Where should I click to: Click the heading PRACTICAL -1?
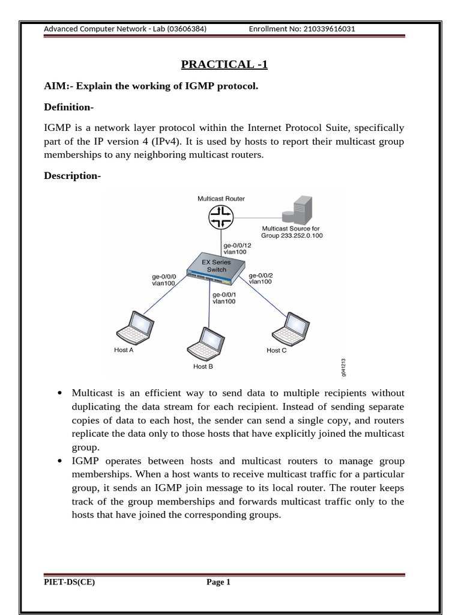[224, 64]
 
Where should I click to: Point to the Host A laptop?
[133, 329]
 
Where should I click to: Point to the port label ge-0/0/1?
[224, 294]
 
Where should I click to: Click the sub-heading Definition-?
[69, 107]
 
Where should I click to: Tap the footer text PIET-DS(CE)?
[69, 581]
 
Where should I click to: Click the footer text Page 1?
[218, 581]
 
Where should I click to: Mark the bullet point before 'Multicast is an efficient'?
[60, 393]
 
